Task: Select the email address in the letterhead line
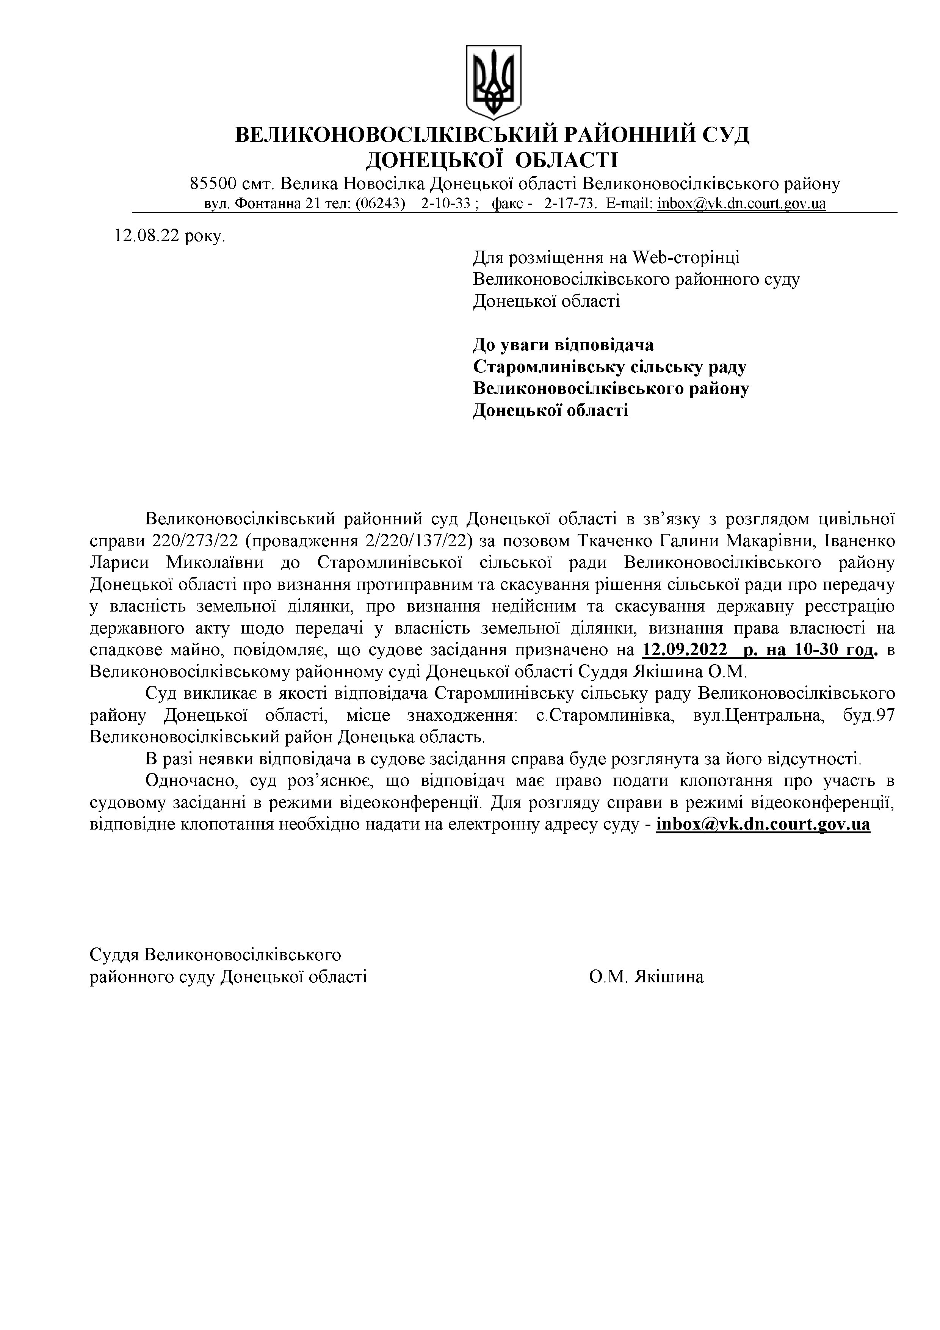point(741,204)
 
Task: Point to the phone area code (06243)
point(379,204)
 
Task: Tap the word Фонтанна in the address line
point(266,204)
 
